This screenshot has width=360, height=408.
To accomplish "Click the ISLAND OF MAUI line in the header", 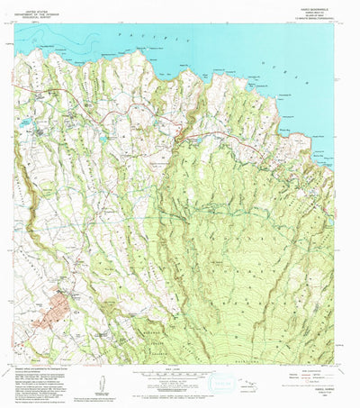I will coord(316,11).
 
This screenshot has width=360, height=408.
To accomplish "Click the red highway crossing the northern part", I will coord(225,133).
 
